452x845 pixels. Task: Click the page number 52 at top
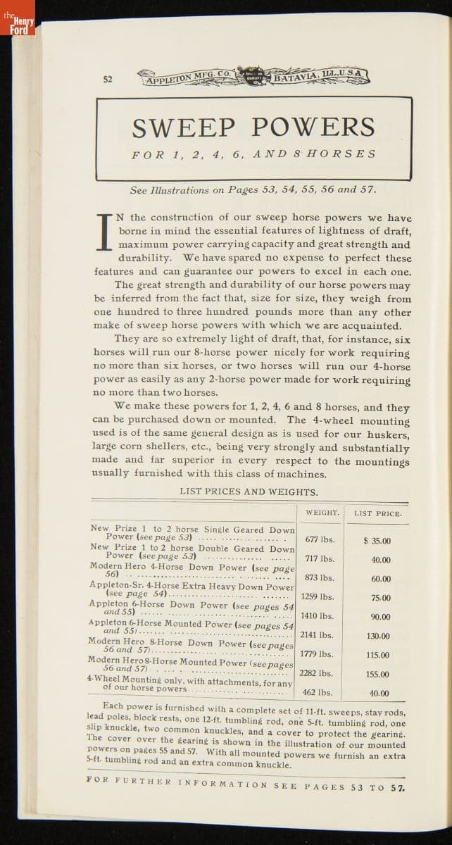(107, 79)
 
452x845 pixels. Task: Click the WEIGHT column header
(322, 513)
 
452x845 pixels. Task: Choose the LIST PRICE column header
(377, 513)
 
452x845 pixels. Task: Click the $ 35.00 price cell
(377, 542)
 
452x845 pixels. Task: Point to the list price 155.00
(377, 674)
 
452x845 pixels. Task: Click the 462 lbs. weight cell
(318, 692)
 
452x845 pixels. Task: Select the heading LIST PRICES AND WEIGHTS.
(249, 492)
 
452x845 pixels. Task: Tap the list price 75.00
(380, 599)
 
